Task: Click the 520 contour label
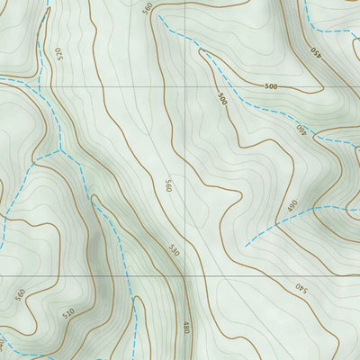coord(60,53)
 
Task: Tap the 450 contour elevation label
coord(315,53)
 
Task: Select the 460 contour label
coord(301,129)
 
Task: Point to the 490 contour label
coord(292,206)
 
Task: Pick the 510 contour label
coord(68,314)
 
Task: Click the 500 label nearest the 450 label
coord(270,86)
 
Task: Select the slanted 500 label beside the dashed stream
coord(221,98)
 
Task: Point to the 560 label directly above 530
coord(168,186)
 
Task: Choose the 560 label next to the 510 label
coord(21,295)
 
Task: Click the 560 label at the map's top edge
coord(148,8)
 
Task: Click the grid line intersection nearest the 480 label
coord(187,275)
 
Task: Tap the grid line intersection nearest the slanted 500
coord(187,86)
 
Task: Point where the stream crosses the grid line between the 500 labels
coord(237,86)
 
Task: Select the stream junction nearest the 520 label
coord(41,90)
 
